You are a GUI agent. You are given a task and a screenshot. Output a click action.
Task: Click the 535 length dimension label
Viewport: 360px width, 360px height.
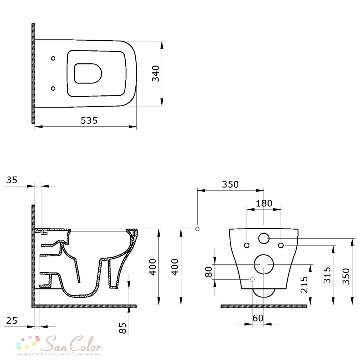[89, 120]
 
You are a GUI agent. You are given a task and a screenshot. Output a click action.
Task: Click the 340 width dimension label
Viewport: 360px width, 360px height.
[156, 73]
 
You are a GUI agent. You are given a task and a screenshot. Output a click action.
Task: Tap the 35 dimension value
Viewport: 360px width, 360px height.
[12, 180]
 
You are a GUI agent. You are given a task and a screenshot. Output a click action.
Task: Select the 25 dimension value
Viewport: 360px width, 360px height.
[12, 320]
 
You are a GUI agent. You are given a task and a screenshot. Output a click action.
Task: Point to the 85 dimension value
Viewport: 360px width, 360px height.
[123, 328]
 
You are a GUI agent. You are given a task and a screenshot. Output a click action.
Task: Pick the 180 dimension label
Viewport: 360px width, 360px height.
[264, 203]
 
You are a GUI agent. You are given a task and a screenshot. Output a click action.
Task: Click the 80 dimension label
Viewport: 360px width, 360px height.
[209, 272]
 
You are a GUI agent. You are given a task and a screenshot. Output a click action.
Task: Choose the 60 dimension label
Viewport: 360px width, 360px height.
[258, 318]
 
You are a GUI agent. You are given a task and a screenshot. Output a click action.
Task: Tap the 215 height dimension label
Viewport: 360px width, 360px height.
[304, 285]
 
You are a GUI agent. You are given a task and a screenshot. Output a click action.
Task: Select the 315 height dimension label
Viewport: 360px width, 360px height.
[327, 275]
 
